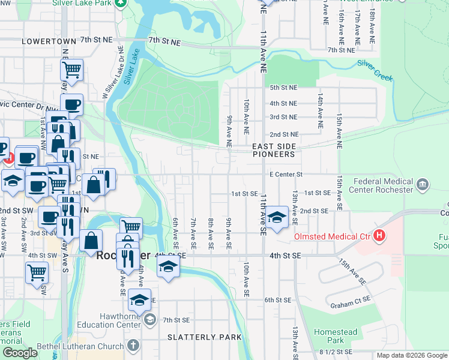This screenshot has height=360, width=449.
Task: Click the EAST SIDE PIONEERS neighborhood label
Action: [273, 150]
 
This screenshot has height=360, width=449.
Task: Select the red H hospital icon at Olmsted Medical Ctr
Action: [379, 236]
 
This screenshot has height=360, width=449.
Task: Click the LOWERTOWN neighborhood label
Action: [49, 41]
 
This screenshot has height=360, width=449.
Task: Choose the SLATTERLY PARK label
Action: [205, 337]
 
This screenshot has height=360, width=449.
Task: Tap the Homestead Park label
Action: [335, 336]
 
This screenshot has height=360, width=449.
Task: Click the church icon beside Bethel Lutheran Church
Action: [133, 346]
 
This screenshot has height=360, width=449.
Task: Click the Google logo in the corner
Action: [20, 353]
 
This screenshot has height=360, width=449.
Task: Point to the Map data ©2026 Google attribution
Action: [411, 355]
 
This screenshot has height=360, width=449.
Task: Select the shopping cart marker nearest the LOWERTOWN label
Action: [72, 70]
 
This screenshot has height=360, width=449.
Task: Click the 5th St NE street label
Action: [283, 88]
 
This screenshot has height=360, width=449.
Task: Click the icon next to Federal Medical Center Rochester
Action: [423, 182]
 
